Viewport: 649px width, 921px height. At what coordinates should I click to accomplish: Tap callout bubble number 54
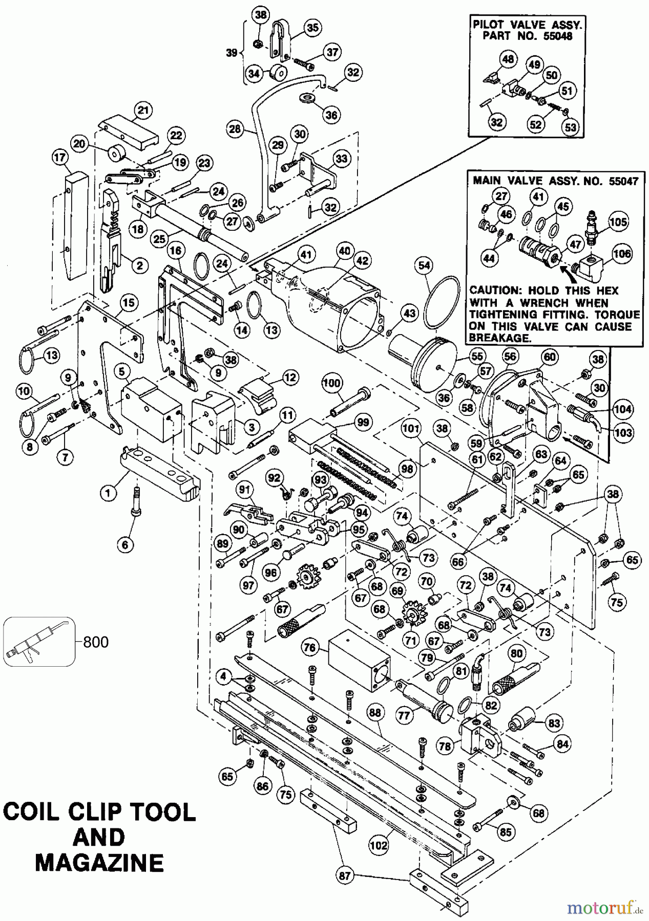pyautogui.click(x=425, y=265)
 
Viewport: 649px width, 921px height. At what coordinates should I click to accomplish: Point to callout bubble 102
pyautogui.click(x=379, y=845)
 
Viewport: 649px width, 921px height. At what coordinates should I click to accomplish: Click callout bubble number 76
pyautogui.click(x=309, y=648)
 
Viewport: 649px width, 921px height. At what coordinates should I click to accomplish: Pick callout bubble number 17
pyautogui.click(x=60, y=159)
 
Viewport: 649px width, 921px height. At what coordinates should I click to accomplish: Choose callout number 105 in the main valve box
pyautogui.click(x=618, y=221)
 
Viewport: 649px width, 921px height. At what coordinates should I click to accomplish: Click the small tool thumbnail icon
pyautogui.click(x=38, y=642)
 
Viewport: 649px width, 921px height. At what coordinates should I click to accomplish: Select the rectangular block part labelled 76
pyautogui.click(x=359, y=660)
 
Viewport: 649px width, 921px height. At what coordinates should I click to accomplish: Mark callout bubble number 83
pyautogui.click(x=554, y=723)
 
